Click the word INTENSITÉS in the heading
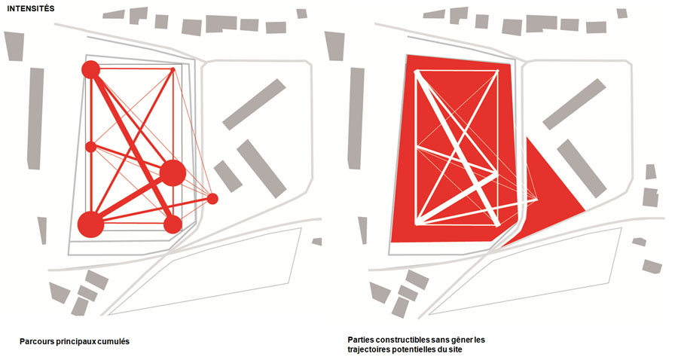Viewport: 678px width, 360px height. coord(31,8)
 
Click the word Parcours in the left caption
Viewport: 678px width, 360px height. coord(37,341)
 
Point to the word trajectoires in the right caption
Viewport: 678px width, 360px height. coord(369,349)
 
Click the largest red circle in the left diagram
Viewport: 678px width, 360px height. coord(91,224)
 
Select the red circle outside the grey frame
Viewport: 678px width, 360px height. coord(212,199)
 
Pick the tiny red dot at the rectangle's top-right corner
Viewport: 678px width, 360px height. coord(173,69)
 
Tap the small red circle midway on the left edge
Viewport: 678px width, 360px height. coord(91,147)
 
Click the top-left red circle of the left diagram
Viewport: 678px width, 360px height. coord(91,70)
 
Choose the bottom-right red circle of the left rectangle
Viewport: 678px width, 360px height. coord(173,224)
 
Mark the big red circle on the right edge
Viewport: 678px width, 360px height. coord(173,173)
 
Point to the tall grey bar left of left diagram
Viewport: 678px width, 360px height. coord(35,118)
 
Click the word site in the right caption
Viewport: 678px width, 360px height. coord(455,349)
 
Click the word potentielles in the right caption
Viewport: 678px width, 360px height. coord(414,349)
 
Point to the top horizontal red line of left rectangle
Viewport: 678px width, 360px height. coord(132,69)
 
